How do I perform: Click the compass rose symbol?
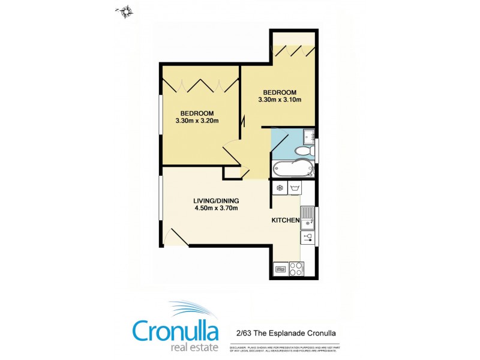(x=126, y=10)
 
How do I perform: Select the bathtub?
(x=293, y=169)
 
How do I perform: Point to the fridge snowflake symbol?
(x=279, y=188)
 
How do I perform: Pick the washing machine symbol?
(x=295, y=188)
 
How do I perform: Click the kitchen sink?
(x=308, y=217)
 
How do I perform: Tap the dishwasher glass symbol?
(x=308, y=237)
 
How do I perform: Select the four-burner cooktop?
(x=295, y=269)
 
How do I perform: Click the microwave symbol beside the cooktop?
(x=280, y=270)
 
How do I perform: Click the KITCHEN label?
(x=286, y=221)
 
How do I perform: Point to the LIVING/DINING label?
(x=216, y=200)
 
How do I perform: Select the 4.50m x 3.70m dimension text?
(x=216, y=209)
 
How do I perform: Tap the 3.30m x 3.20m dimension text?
(x=197, y=121)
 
